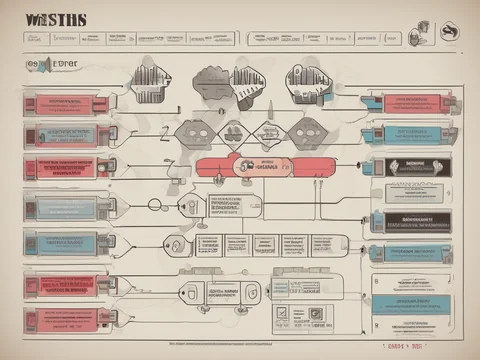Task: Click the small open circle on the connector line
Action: click(x=154, y=204)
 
